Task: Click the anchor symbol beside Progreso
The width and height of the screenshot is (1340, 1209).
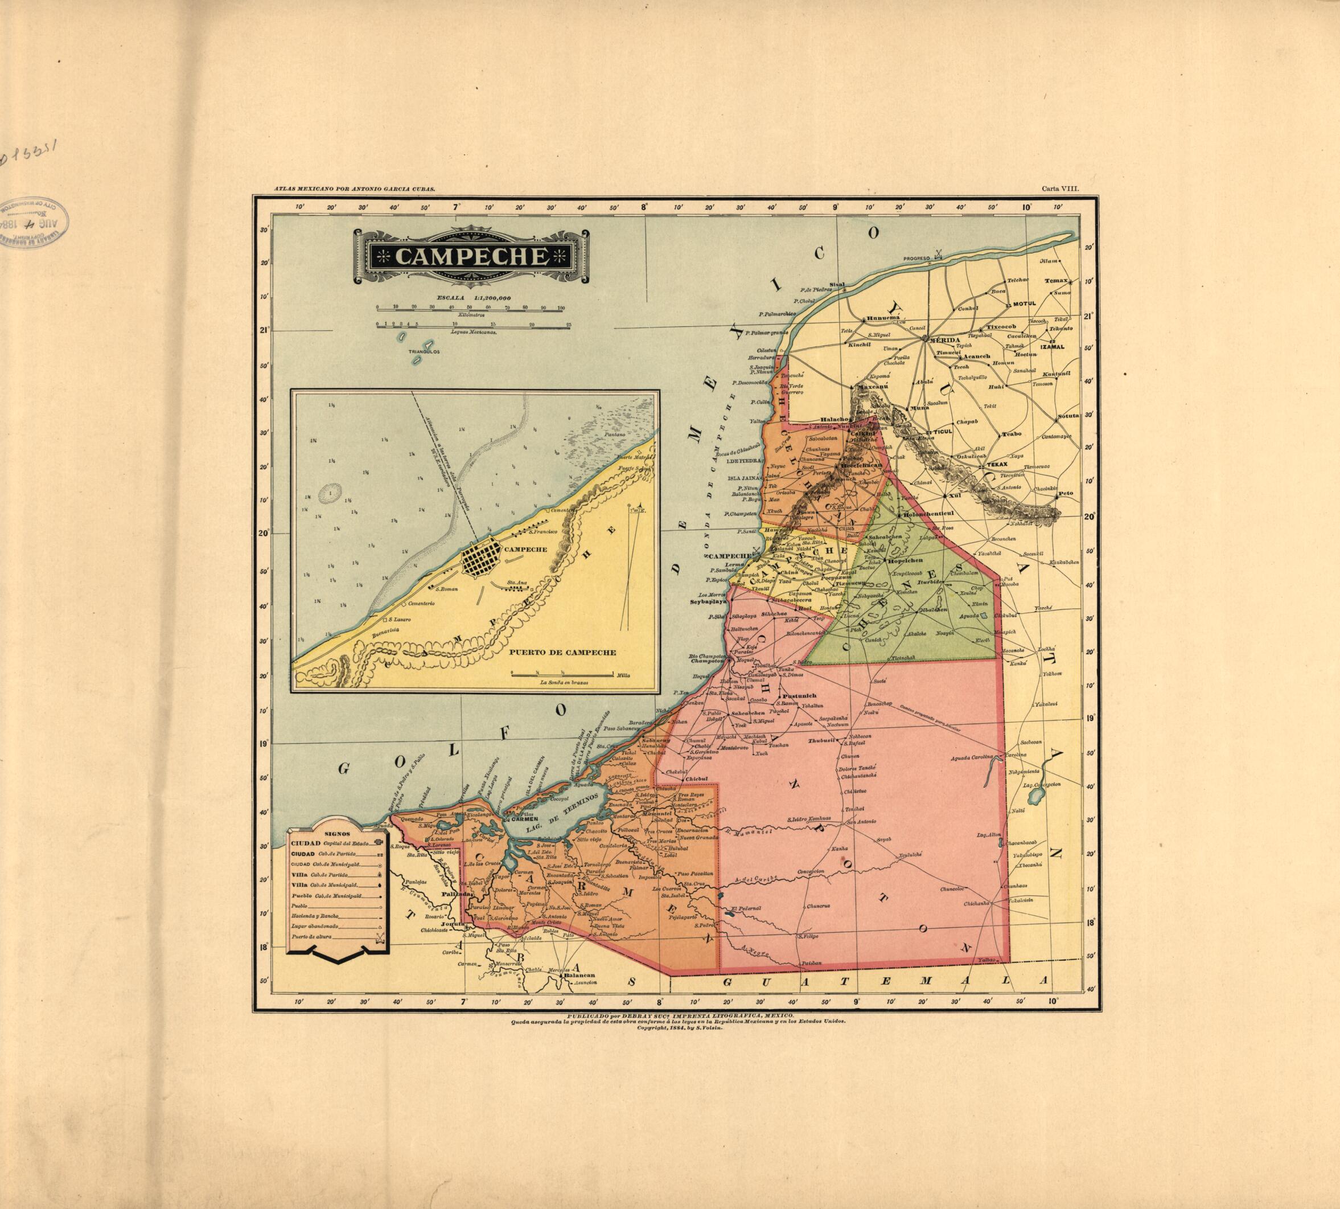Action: [x=938, y=253]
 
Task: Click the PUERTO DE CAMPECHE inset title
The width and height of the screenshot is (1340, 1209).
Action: [x=563, y=652]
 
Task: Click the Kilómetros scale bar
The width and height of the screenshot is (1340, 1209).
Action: [x=469, y=308]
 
